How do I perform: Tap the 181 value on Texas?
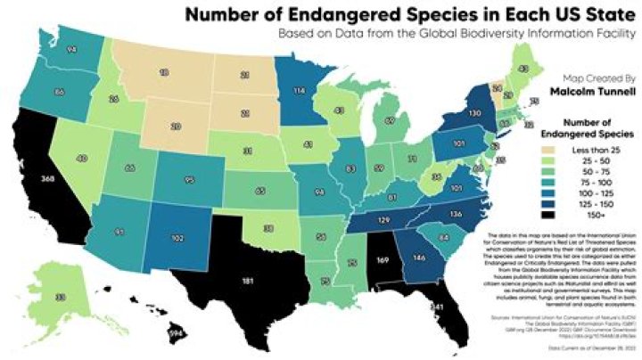pos(248,282)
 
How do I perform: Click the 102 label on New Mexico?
pos(177,238)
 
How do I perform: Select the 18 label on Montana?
pos(164,70)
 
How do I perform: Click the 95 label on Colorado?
pos(188,180)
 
